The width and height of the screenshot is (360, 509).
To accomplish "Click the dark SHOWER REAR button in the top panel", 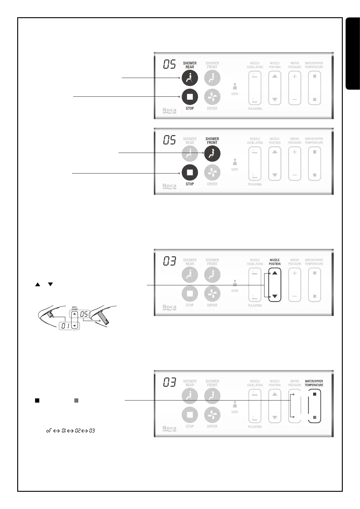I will [190, 78].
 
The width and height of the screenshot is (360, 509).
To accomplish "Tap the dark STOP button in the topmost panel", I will [190, 97].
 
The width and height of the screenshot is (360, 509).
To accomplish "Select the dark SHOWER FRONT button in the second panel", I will [212, 154].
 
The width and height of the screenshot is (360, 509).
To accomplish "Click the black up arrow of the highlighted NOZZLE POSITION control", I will [274, 273].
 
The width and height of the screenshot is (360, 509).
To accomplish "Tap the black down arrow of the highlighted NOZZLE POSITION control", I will [274, 296].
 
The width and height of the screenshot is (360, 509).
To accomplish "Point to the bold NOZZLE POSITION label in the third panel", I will [274, 262].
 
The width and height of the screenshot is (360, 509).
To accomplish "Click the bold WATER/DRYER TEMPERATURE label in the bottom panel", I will [314, 383].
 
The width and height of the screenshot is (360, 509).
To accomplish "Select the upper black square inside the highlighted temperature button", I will [315, 394].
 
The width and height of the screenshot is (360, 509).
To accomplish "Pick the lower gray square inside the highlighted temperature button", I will [315, 417].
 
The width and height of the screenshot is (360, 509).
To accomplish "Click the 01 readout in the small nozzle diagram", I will [66, 326].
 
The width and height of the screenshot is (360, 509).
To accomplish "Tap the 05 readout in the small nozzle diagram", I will [84, 314].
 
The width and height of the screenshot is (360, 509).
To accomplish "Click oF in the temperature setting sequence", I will [49, 431].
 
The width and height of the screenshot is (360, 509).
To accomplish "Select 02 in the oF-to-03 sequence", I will [78, 431].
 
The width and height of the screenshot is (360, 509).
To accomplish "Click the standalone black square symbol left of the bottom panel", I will [37, 401].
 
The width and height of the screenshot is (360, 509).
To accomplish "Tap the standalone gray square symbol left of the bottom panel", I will [76, 401].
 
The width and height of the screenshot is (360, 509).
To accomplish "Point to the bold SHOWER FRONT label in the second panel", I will [212, 141].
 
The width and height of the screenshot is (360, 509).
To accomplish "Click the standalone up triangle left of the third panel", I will [37, 284].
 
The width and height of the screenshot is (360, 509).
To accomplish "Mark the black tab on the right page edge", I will [353, 54].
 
